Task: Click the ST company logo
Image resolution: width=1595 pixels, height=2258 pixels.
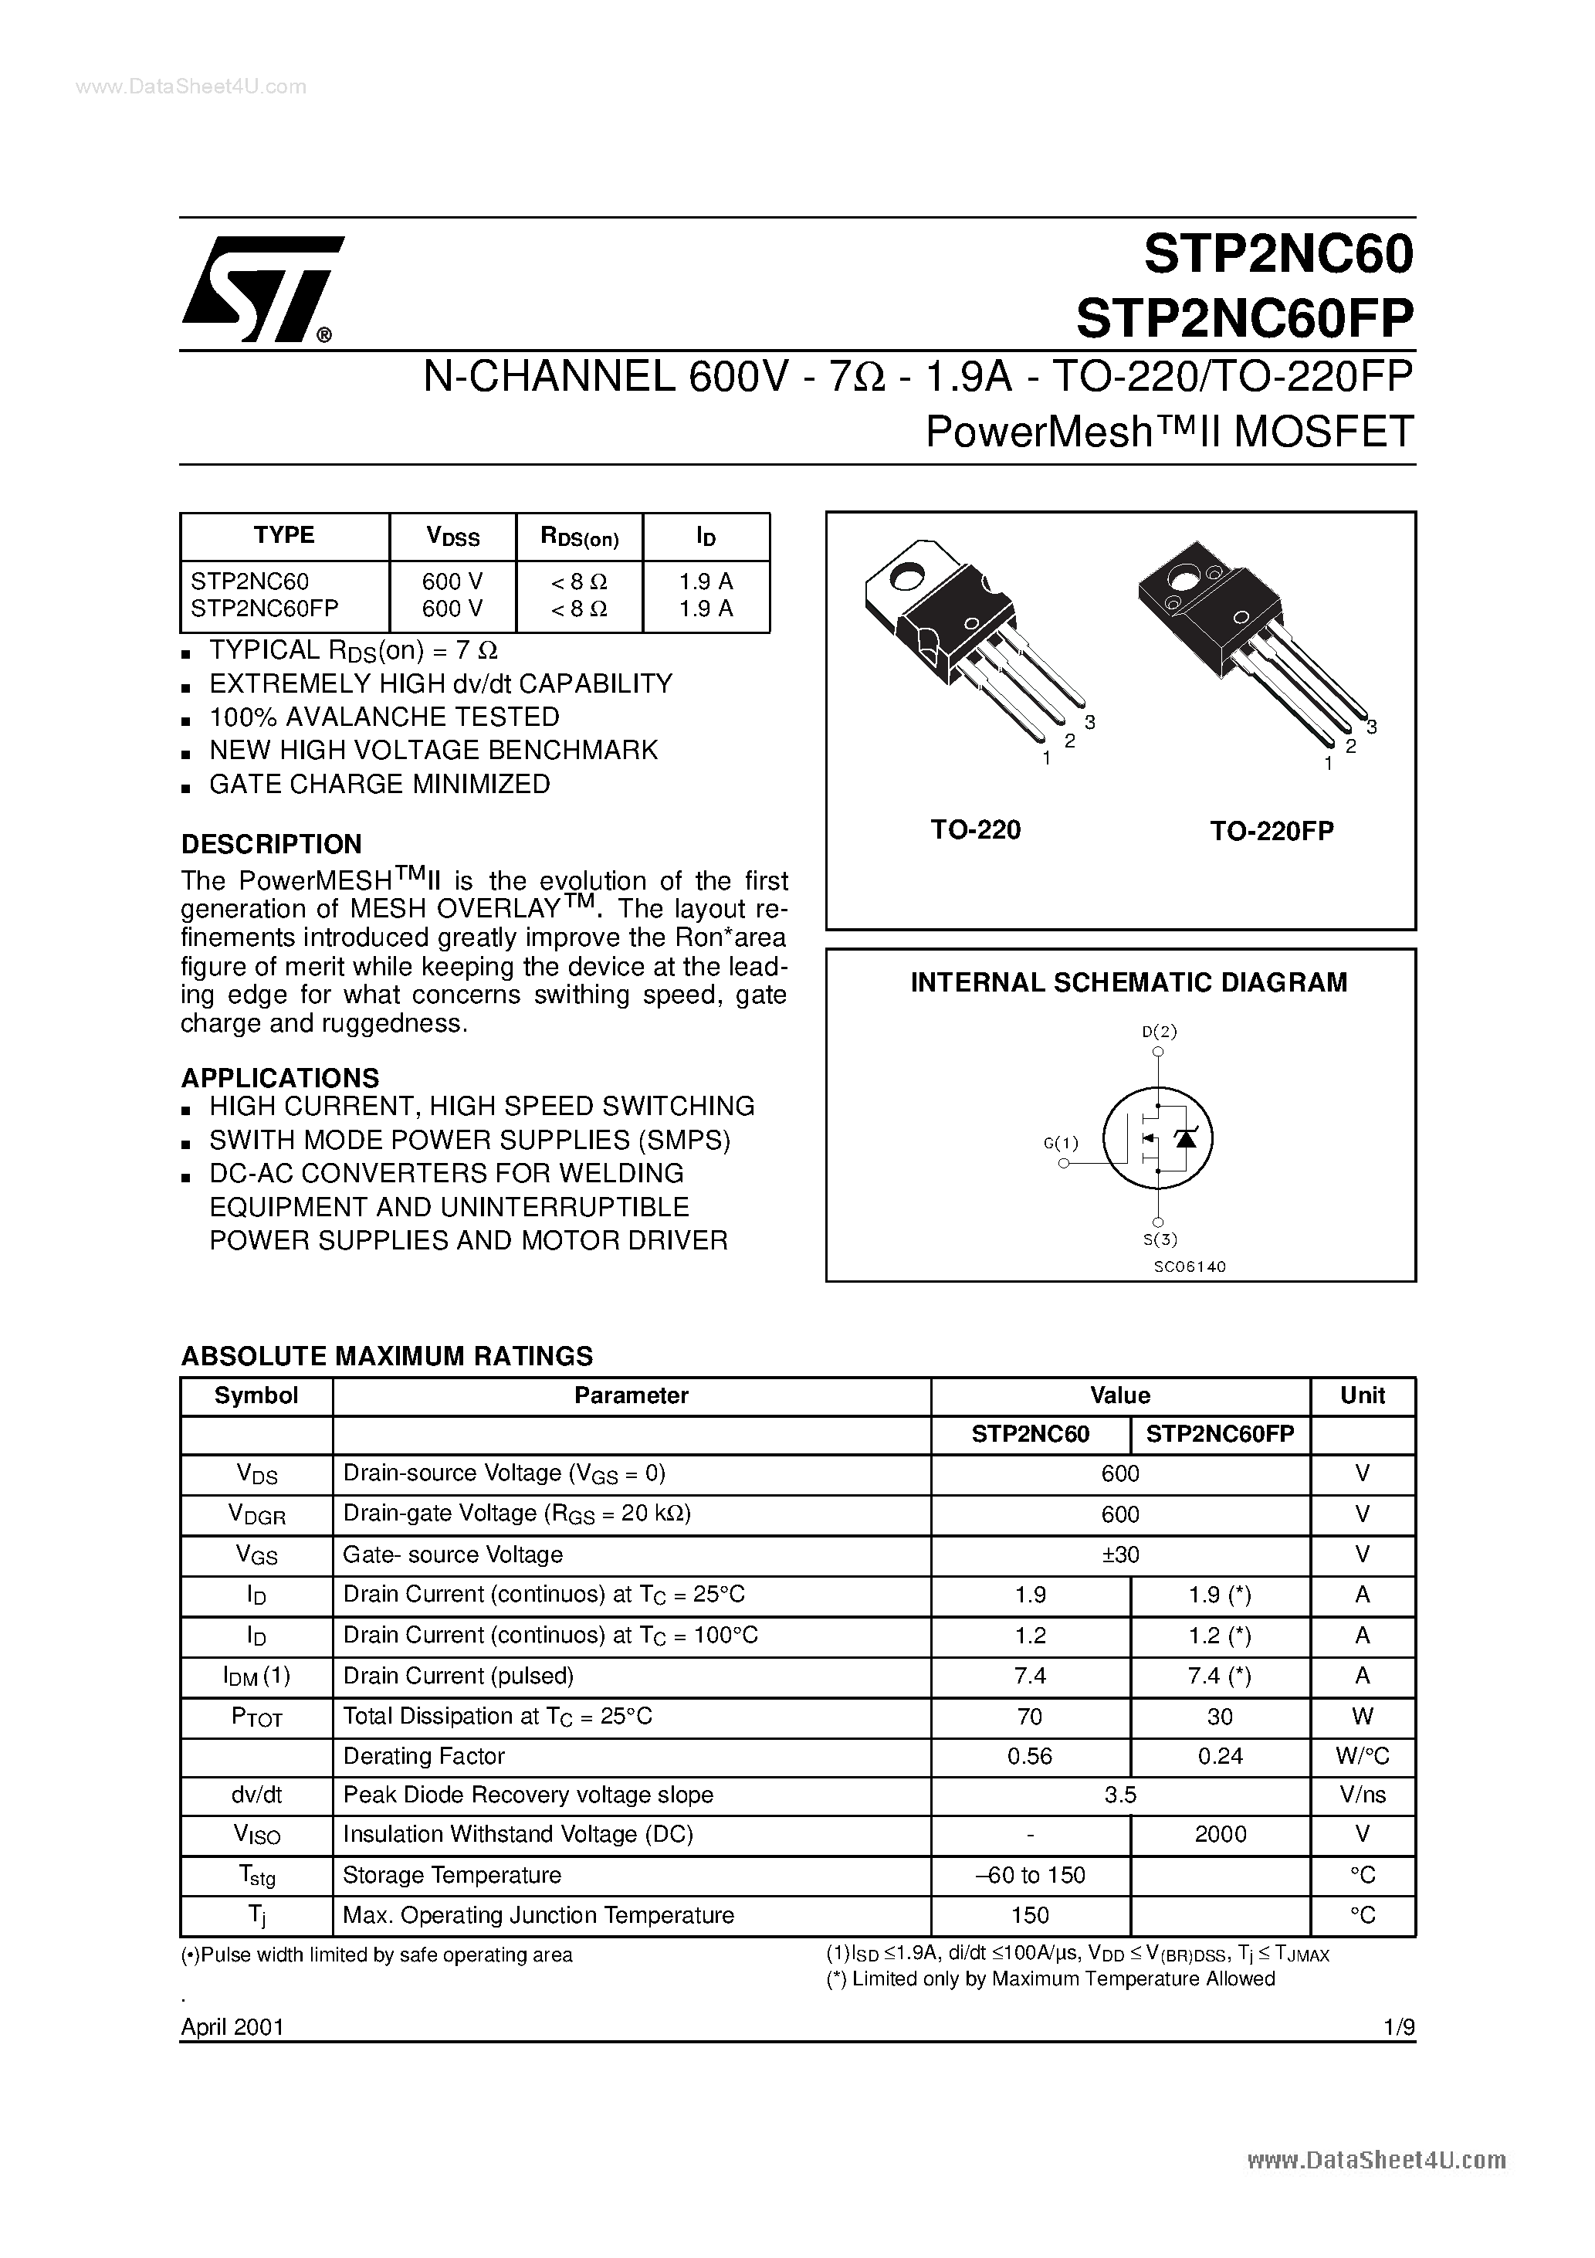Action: pyautogui.click(x=261, y=289)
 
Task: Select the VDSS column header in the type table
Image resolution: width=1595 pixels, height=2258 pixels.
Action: pyautogui.click(x=452, y=537)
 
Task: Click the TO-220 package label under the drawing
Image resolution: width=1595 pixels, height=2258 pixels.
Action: pyautogui.click(x=976, y=830)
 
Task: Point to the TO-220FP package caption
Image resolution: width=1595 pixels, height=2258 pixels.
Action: pyautogui.click(x=1272, y=831)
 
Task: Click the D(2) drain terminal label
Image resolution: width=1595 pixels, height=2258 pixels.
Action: pyautogui.click(x=1160, y=1032)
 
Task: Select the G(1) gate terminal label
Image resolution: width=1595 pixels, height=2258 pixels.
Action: pyautogui.click(x=1061, y=1143)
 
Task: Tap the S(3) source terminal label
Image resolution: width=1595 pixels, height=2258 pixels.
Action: pyautogui.click(x=1160, y=1239)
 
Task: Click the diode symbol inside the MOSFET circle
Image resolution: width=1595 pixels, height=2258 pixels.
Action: pyautogui.click(x=1187, y=1137)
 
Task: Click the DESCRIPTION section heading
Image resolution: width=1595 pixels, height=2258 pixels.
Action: pyautogui.click(x=272, y=844)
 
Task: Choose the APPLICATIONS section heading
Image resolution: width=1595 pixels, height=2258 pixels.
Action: pyautogui.click(x=280, y=1078)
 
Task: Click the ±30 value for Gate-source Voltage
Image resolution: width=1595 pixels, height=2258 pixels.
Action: pyautogui.click(x=1120, y=1554)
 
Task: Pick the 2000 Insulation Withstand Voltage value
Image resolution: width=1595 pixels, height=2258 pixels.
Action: pyautogui.click(x=1221, y=1834)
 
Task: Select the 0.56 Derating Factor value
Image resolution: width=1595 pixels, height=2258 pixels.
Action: pyautogui.click(x=1030, y=1755)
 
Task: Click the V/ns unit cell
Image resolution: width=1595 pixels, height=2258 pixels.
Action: pyautogui.click(x=1362, y=1795)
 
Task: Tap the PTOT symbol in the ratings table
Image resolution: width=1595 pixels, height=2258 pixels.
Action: pyautogui.click(x=256, y=1716)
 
